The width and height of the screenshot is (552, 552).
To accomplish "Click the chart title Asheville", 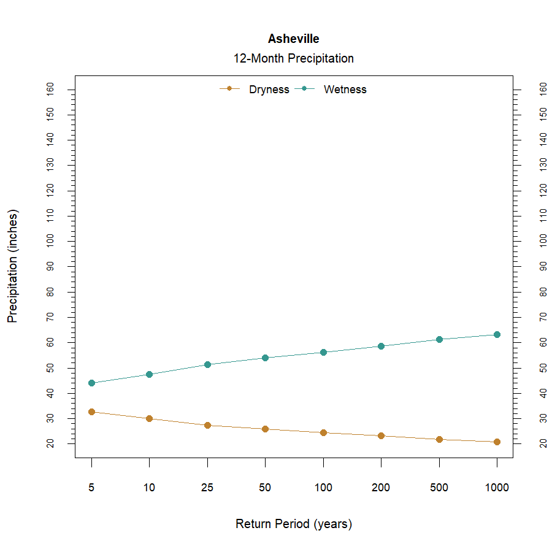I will click(x=293, y=39).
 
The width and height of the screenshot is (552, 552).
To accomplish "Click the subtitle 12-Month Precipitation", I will click(x=293, y=59).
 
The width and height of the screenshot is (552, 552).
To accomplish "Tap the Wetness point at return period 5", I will click(x=91, y=383).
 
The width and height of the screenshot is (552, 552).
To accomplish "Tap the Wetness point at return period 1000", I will click(x=497, y=334).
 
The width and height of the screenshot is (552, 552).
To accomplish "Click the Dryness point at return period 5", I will click(x=91, y=412).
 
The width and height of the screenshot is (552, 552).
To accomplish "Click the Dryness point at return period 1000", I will click(x=497, y=442).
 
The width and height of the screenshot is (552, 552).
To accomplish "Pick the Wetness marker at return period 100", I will click(x=323, y=352).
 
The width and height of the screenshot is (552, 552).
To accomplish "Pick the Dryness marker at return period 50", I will click(x=265, y=429).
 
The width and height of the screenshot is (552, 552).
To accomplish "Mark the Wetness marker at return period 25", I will click(x=207, y=364).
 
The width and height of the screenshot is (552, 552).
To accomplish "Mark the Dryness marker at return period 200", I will click(x=381, y=435).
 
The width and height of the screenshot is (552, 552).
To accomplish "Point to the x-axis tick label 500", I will click(x=439, y=488).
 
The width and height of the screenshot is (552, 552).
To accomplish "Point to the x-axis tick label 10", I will click(x=149, y=488).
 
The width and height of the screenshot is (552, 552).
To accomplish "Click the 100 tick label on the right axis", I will click(x=543, y=241).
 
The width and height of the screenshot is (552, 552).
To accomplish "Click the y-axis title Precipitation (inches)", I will click(x=13, y=266).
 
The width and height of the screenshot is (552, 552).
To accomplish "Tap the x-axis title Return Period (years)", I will click(x=293, y=524).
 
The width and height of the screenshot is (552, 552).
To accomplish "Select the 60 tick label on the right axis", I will click(x=543, y=342).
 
